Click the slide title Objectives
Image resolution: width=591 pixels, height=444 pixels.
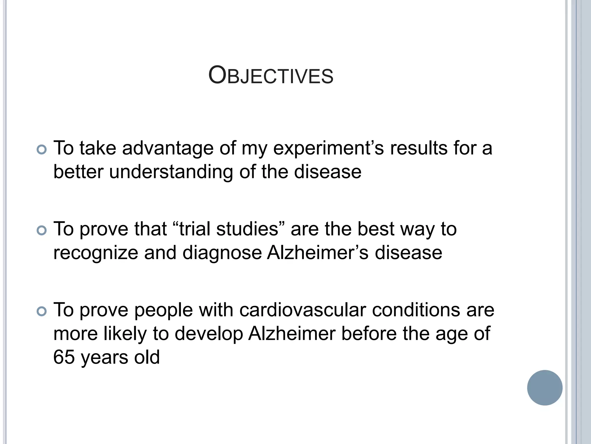click(x=271, y=76)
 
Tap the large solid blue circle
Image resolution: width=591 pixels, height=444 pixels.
click(x=545, y=388)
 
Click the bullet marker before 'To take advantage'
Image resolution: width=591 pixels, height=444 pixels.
click(x=42, y=149)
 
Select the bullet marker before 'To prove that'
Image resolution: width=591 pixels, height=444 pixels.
click(x=42, y=230)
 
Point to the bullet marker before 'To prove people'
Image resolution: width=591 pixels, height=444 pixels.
click(x=42, y=311)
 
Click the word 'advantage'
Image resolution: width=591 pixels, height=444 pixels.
click(x=168, y=148)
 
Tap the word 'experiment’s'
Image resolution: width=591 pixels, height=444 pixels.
click(x=328, y=148)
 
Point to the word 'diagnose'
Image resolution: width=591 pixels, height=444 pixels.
click(x=222, y=253)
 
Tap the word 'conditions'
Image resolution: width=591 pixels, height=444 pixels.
click(x=416, y=310)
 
